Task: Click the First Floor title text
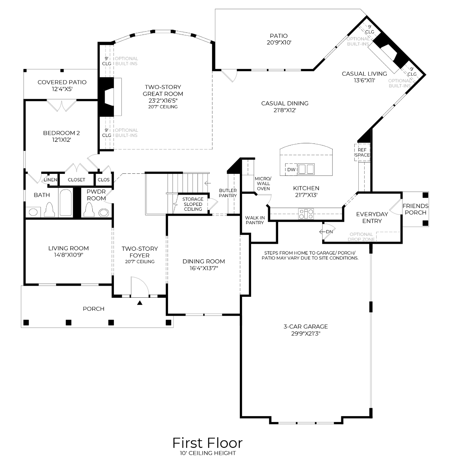(x=207, y=442)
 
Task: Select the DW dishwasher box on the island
(x=291, y=169)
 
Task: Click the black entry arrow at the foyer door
(x=140, y=303)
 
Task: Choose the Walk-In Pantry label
(x=255, y=220)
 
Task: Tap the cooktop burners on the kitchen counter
(x=306, y=214)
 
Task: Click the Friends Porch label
(x=415, y=209)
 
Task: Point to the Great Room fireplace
(x=107, y=96)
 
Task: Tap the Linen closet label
(x=51, y=180)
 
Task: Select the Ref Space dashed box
(x=362, y=152)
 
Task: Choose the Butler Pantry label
(x=228, y=193)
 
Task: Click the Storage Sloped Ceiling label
(x=193, y=204)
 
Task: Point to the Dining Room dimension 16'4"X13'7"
(x=204, y=268)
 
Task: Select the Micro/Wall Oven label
(x=263, y=183)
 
